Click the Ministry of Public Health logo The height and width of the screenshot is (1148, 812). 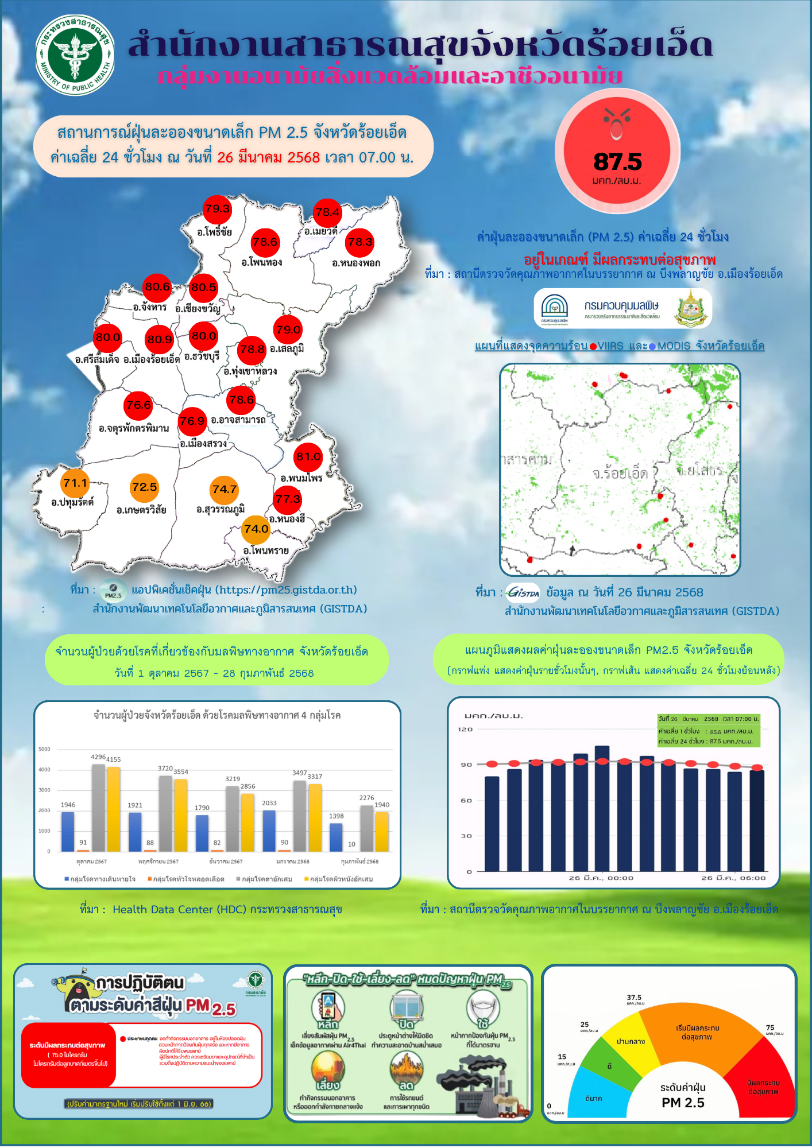click(x=75, y=55)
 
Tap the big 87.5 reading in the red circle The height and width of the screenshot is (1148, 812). click(x=617, y=162)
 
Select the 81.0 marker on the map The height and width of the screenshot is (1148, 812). click(x=308, y=457)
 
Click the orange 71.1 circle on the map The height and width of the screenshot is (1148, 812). click(x=75, y=483)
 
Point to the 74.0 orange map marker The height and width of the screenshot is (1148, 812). click(x=256, y=529)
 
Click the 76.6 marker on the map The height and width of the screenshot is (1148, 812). click(x=138, y=405)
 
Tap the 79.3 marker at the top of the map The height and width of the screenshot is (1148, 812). click(x=217, y=209)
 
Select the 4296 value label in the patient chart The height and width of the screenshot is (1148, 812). click(x=98, y=757)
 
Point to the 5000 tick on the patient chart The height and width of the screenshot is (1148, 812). click(x=45, y=749)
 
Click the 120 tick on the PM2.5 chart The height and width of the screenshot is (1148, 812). click(x=465, y=729)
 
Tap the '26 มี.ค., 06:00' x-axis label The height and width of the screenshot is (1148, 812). click(x=733, y=878)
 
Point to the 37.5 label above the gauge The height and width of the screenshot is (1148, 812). click(x=635, y=998)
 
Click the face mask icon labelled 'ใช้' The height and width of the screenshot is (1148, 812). click(x=483, y=1010)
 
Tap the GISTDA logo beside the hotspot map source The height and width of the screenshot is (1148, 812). click(x=523, y=592)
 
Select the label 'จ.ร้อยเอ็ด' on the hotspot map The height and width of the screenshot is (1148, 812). click(x=620, y=474)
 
